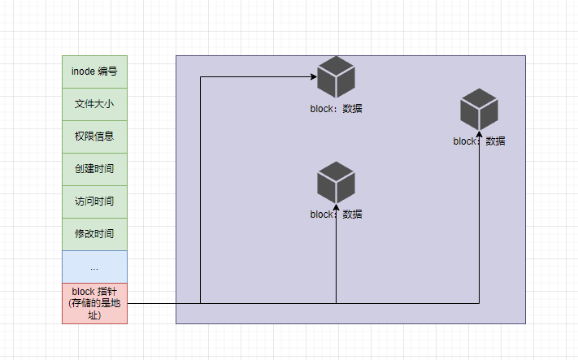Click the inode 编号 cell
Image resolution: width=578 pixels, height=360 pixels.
click(x=94, y=72)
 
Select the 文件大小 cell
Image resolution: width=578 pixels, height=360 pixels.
click(x=94, y=104)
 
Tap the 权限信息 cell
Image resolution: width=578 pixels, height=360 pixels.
click(x=94, y=137)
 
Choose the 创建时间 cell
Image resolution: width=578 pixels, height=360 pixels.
click(x=94, y=169)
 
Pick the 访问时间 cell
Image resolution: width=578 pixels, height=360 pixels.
click(x=94, y=202)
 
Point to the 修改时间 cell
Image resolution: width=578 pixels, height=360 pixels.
click(x=94, y=234)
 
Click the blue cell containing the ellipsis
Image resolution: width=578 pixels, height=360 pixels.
click(x=94, y=267)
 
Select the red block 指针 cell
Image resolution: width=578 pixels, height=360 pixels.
click(x=94, y=303)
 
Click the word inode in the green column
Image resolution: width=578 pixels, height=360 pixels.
click(x=83, y=72)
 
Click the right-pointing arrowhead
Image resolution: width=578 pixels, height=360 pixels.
click(x=313, y=77)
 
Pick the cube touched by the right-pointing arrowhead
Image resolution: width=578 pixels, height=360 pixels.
click(x=336, y=77)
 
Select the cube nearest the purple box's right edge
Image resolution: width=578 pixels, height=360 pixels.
click(x=479, y=109)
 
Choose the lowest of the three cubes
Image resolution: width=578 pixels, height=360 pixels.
click(x=336, y=182)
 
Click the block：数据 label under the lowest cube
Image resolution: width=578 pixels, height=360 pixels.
click(x=336, y=215)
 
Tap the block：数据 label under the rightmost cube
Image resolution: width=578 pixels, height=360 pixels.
click(x=479, y=141)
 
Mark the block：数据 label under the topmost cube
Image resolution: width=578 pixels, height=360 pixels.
click(x=336, y=108)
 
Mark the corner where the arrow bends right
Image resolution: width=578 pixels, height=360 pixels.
click(x=200, y=77)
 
